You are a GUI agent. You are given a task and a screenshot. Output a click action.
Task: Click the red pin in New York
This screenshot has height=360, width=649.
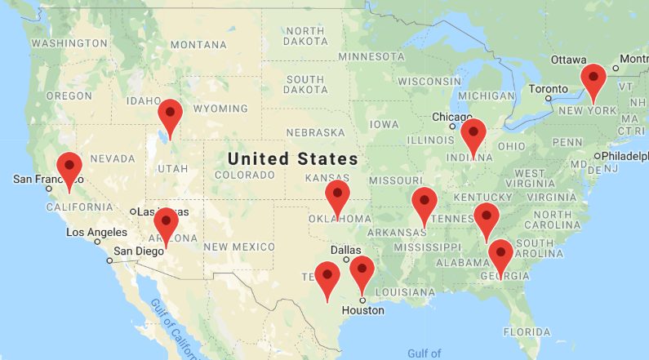593,78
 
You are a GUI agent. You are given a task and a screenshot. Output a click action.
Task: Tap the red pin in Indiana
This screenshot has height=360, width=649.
473,133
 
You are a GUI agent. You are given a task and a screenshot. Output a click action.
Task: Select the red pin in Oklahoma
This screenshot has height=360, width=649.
337,196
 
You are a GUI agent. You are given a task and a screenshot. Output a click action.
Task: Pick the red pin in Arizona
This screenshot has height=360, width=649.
166,223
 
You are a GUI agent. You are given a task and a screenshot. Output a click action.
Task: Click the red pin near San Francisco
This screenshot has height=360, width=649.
69,167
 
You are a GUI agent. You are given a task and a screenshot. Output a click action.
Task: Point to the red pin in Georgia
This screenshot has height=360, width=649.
500,255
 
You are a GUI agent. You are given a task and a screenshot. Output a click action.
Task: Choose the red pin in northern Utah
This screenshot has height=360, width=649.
170,114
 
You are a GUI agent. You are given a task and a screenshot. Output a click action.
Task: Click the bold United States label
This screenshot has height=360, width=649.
293,158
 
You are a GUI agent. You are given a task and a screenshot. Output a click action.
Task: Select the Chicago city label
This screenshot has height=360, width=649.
451,116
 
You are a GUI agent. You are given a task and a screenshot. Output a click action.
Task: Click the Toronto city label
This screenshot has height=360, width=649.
544,88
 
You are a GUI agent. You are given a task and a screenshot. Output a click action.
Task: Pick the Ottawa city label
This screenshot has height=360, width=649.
568,60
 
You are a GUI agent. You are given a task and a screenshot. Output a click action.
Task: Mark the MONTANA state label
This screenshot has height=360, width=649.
198,44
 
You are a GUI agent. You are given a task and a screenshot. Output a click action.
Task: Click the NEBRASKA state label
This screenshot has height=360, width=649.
315,132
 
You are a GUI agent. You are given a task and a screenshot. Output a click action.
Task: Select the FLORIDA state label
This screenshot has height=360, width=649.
527,332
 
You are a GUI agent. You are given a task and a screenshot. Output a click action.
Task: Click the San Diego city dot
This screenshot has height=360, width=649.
109,261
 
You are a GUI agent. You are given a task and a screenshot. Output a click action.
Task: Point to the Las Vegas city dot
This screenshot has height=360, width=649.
132,212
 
